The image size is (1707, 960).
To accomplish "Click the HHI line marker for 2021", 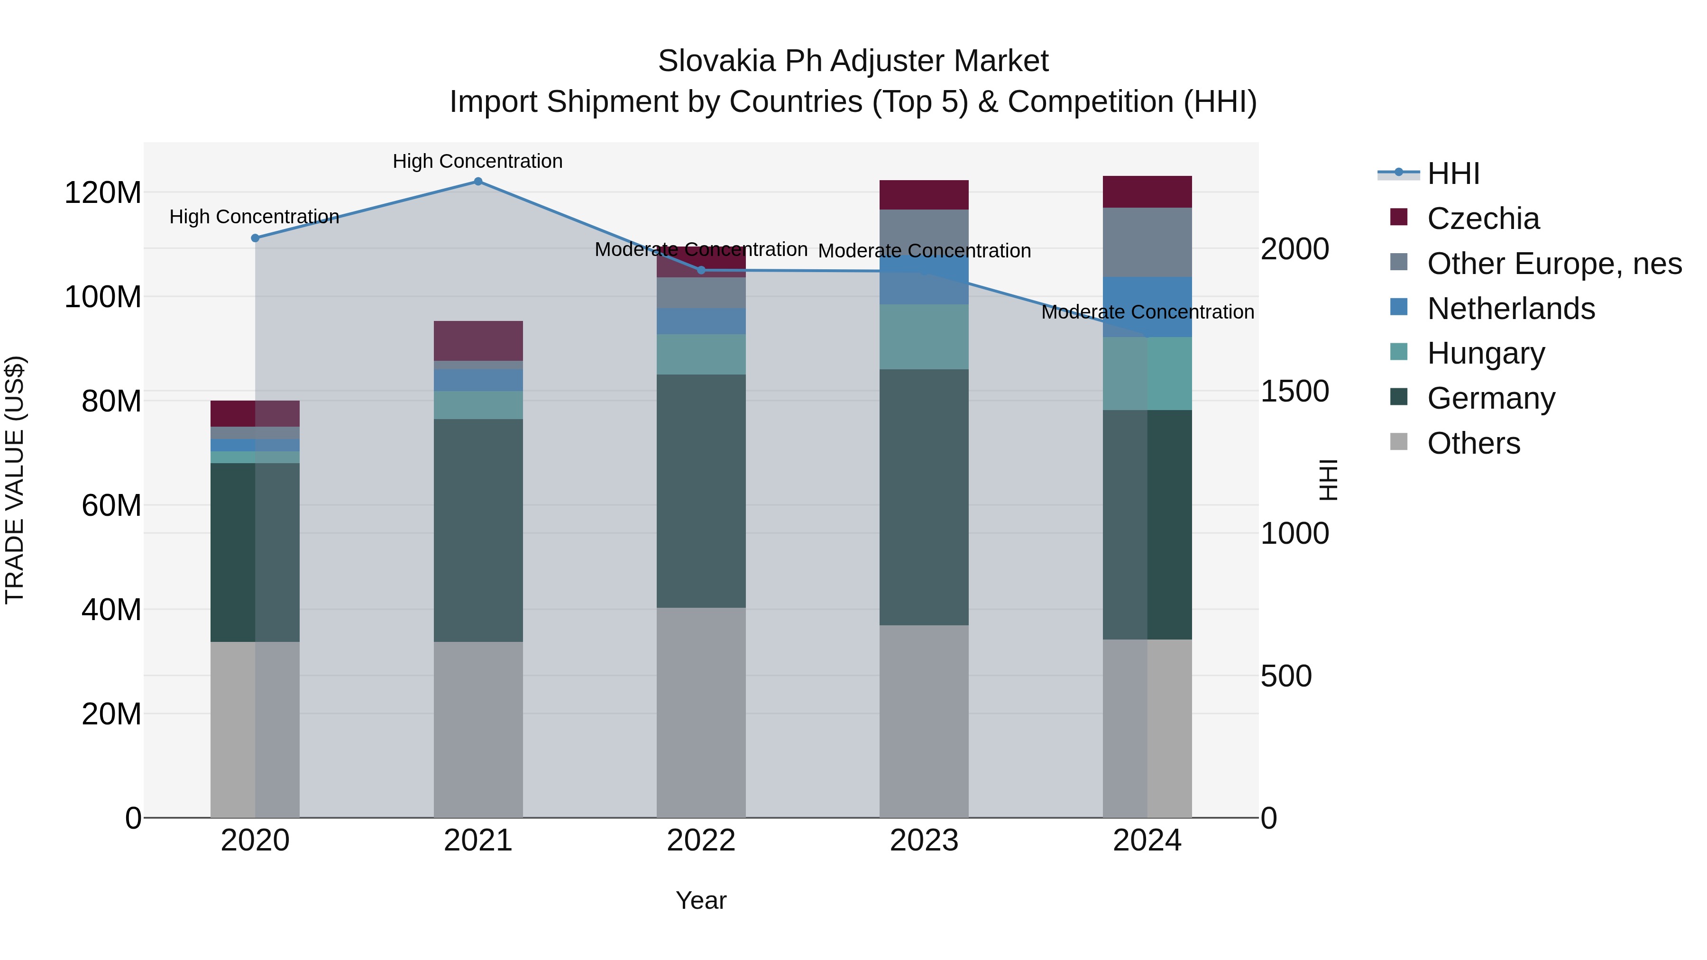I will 478,182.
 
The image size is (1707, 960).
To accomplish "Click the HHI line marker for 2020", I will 255,238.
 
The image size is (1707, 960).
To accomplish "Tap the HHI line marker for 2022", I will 701,270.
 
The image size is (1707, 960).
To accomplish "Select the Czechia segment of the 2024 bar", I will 1147,192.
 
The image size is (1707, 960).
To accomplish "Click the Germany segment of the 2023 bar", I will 924,497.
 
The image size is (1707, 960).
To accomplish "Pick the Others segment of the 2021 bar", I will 478,729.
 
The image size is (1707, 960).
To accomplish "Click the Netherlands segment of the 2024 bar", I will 1147,307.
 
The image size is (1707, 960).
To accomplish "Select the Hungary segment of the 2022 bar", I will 701,355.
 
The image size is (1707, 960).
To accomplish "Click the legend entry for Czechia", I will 1482,219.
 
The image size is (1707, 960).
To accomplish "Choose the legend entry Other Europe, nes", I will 1554,264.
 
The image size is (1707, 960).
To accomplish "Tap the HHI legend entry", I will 1452,174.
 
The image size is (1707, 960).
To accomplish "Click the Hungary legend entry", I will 1486,353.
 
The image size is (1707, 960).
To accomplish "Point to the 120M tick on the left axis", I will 103,193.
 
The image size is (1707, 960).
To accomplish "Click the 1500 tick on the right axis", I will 1294,392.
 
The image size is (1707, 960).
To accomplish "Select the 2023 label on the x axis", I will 924,841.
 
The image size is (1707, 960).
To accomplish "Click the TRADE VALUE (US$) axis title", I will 15,480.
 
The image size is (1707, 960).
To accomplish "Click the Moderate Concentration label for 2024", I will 1147,312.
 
